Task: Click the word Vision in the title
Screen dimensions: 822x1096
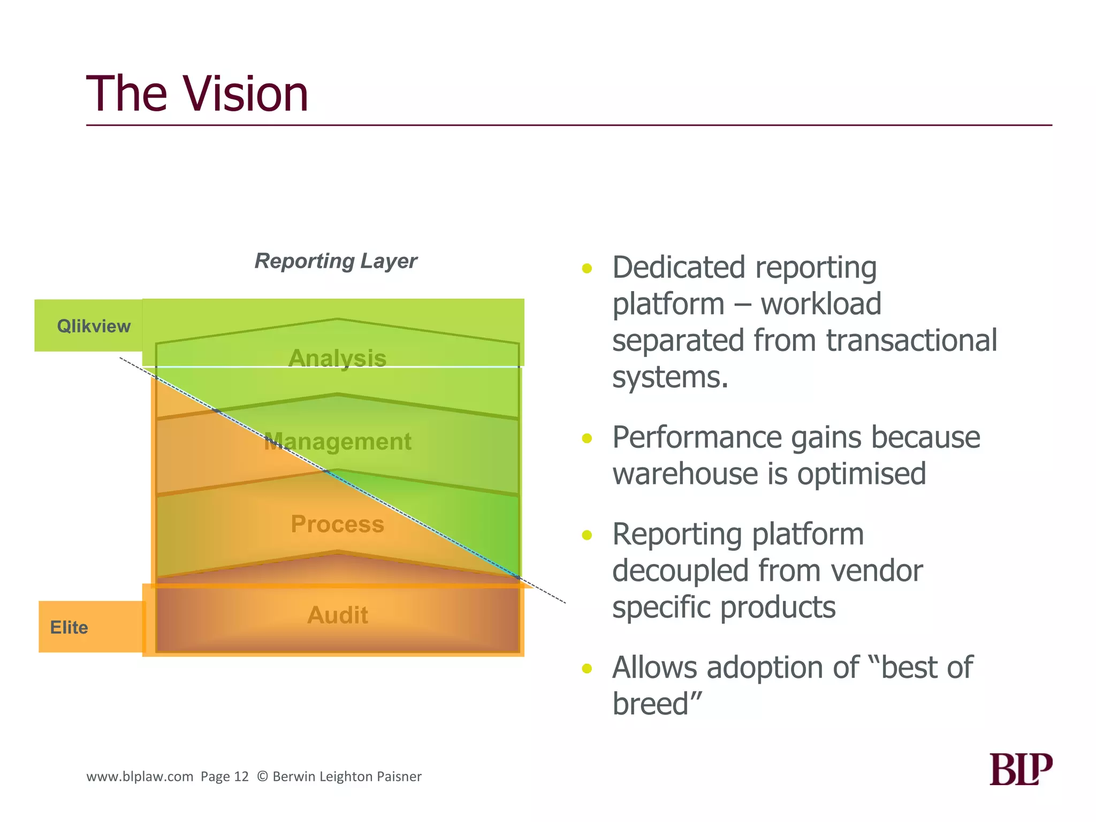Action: point(246,94)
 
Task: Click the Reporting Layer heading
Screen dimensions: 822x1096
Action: point(336,261)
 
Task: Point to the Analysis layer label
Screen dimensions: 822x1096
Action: point(337,358)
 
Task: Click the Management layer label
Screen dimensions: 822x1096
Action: point(337,442)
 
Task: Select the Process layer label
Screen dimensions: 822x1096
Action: point(337,524)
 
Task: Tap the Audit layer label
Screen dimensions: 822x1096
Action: point(337,615)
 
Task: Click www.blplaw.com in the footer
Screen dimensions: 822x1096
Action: point(140,777)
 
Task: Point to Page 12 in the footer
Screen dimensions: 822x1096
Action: point(225,777)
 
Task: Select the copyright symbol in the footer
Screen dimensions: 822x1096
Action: point(262,777)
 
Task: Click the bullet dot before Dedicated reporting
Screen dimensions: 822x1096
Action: point(587,269)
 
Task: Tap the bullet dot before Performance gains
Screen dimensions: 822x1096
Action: point(587,439)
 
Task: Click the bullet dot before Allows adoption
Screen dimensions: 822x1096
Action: point(587,668)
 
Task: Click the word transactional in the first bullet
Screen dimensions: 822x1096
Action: point(911,340)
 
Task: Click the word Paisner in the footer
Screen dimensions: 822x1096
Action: point(399,777)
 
